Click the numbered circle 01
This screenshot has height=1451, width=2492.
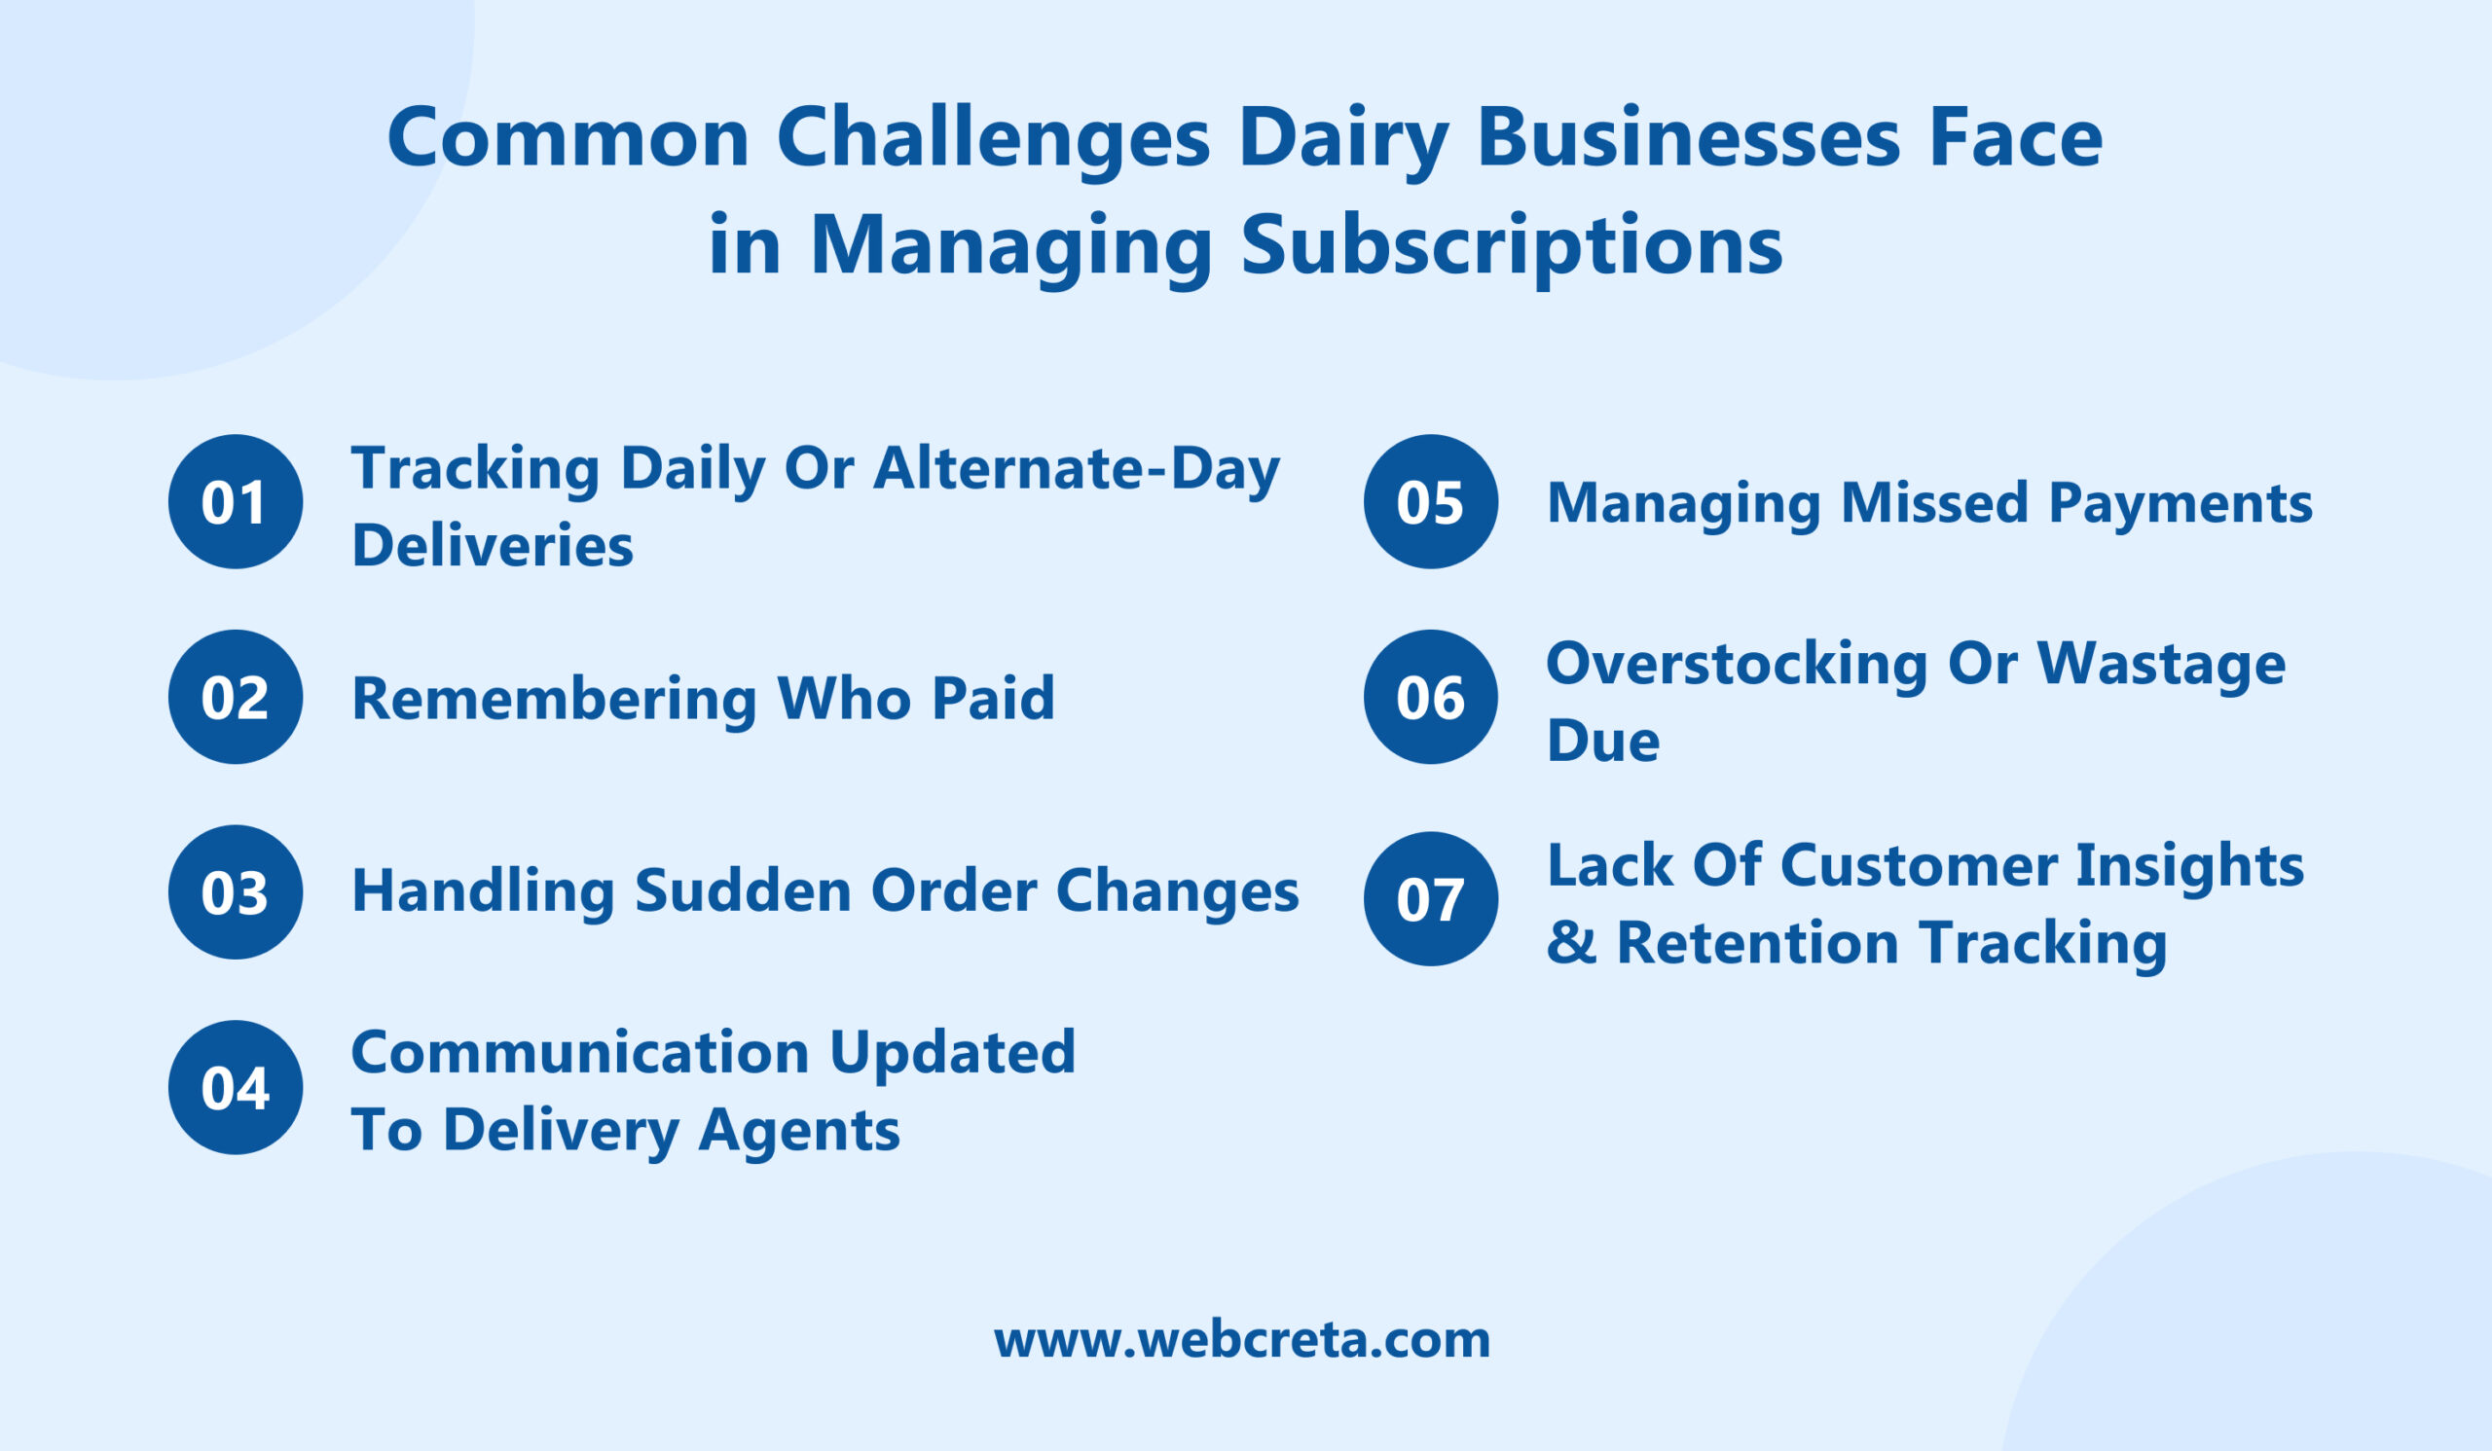236,501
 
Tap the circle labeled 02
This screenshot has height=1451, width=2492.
236,697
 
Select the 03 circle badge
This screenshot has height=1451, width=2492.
236,891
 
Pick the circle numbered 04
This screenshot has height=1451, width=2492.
236,1087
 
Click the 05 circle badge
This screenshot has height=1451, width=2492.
1430,501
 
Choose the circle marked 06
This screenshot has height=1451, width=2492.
1430,697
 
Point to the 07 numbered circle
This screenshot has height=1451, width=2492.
1430,898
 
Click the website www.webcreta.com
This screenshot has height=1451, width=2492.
1242,1339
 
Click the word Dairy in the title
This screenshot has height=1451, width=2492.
1343,138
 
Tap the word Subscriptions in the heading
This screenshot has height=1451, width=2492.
1512,245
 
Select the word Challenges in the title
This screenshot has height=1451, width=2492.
993,138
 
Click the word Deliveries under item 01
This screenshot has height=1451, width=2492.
493,546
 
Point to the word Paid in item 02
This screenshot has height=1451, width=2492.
993,698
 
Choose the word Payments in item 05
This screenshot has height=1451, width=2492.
2180,503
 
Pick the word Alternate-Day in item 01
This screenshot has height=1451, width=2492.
1076,467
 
